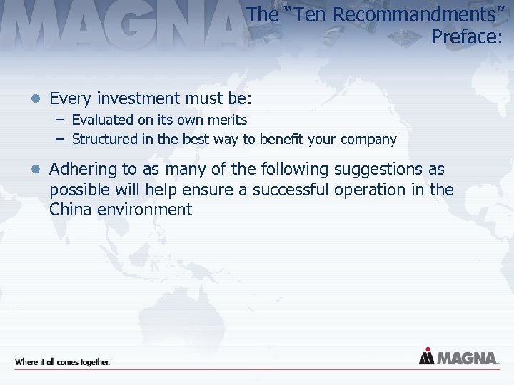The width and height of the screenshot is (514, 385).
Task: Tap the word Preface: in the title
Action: (466, 36)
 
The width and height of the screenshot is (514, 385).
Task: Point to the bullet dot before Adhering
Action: (37, 170)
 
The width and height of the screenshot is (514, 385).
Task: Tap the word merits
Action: (223, 120)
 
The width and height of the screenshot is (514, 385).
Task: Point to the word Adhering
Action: (80, 170)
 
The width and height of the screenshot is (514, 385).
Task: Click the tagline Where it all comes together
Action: (63, 361)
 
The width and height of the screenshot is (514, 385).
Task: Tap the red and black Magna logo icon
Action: (426, 356)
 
